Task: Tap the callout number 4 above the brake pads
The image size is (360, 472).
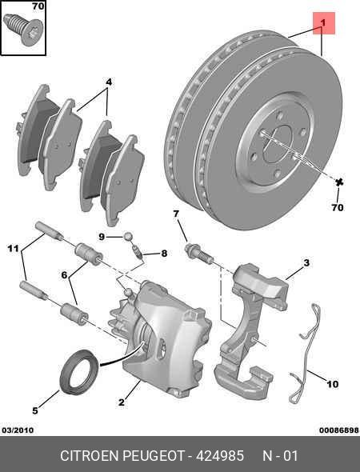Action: pos(109,82)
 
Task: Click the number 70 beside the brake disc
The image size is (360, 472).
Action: pos(337,207)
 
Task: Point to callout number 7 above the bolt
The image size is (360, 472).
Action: pos(175,213)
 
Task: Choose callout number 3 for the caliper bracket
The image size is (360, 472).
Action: pos(306,262)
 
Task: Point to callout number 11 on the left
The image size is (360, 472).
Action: pos(13,250)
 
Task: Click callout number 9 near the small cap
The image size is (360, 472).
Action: pos(102,236)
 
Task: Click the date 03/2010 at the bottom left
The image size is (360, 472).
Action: pos(18,430)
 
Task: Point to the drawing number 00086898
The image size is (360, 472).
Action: pos(337,430)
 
